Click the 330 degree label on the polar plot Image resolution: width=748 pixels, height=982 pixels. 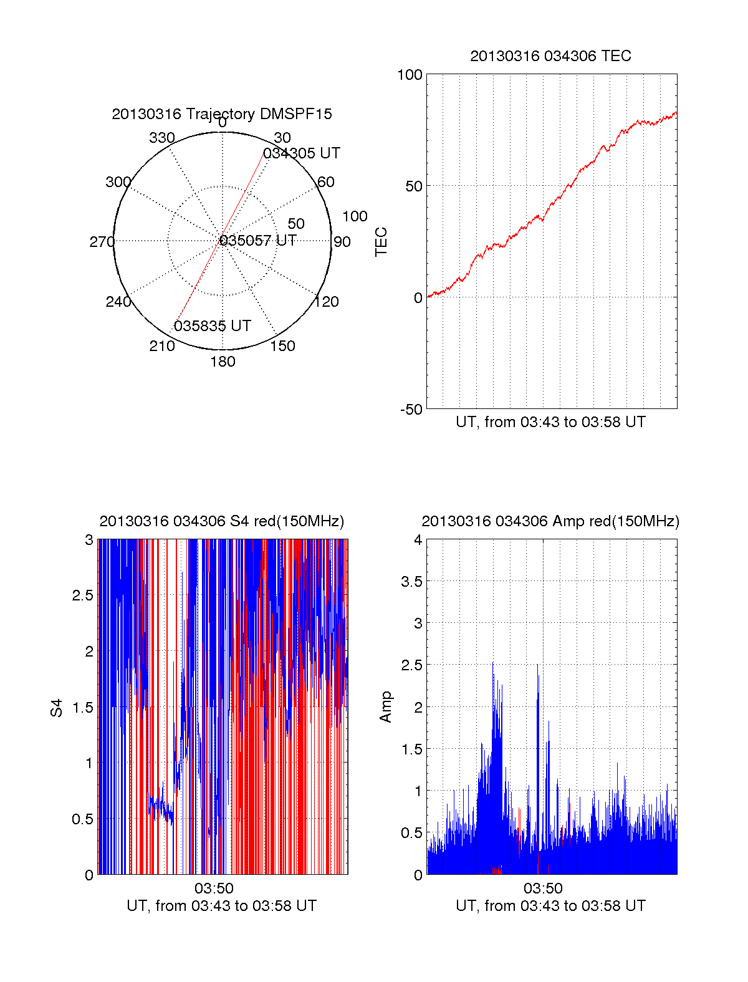click(162, 138)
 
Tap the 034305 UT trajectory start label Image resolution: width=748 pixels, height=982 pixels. click(302, 153)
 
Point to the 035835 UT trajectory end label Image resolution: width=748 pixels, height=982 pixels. click(213, 326)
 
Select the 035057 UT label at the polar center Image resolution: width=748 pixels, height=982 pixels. click(258, 241)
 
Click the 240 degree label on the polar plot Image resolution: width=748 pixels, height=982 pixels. click(118, 302)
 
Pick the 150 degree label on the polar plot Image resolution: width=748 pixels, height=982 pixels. click(282, 346)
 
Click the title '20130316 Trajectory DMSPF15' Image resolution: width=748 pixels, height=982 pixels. click(222, 114)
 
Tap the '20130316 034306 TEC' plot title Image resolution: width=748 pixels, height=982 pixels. click(550, 56)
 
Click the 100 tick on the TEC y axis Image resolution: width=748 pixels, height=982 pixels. click(410, 75)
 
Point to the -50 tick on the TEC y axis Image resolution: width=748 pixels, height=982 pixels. click(411, 410)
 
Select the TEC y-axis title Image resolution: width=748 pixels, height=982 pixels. click(381, 242)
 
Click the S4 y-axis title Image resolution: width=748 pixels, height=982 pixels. click(57, 708)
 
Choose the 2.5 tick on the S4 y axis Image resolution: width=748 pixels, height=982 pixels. click(83, 595)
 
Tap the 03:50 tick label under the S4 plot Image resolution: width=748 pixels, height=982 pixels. click(214, 888)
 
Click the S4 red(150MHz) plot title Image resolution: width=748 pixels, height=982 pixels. click(222, 521)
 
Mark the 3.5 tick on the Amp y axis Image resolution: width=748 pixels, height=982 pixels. click(412, 582)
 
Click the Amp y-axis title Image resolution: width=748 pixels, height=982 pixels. click(386, 707)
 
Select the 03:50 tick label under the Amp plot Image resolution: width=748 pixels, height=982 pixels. click(543, 888)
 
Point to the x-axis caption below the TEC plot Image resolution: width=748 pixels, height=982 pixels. click(550, 422)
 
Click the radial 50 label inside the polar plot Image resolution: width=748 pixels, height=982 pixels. click(296, 224)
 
